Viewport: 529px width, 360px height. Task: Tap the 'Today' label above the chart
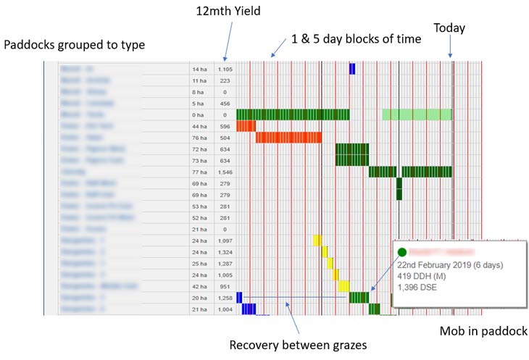(x=449, y=28)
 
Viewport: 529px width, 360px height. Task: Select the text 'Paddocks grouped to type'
(x=75, y=45)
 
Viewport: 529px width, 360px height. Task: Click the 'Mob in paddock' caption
(x=483, y=331)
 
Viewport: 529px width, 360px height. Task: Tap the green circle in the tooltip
(x=401, y=252)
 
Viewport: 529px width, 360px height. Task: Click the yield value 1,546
(x=225, y=171)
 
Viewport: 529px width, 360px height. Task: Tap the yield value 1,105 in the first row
(x=225, y=69)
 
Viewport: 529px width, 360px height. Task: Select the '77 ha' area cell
(x=200, y=171)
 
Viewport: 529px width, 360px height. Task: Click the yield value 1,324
(x=225, y=251)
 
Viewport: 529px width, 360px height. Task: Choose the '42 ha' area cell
(x=200, y=285)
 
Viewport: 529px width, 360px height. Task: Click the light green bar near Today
(x=417, y=114)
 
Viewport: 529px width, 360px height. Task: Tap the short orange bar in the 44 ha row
(x=246, y=126)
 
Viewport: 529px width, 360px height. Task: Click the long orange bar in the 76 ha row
(x=288, y=138)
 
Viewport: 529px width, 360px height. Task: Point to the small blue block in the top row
(x=352, y=69)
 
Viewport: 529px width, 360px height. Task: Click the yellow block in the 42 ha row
(x=343, y=285)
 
